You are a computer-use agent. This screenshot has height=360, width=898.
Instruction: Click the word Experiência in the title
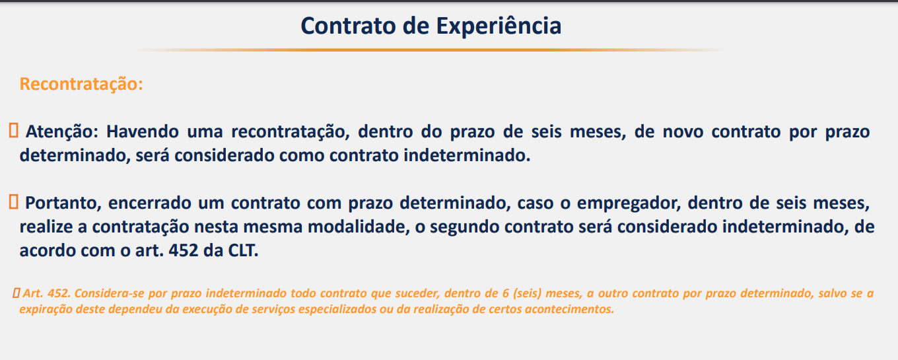coord(499,26)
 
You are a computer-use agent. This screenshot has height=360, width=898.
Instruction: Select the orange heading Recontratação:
coord(81,85)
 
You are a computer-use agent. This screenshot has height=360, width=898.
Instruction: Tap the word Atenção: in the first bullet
coord(62,132)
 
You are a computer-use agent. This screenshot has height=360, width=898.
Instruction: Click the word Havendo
coord(143,131)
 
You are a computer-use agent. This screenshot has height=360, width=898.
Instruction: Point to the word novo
coord(683,132)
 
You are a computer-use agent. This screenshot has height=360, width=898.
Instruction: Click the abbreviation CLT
coord(244,250)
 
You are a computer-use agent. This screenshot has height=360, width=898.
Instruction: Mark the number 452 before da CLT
coord(184,250)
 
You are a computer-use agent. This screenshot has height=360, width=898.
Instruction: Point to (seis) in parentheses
coord(527,293)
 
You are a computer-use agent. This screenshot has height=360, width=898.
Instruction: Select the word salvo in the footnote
coord(834,293)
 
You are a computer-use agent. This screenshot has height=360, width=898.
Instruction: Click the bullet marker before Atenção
coord(14,131)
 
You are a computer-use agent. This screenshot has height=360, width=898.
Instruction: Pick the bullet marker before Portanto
coord(14,201)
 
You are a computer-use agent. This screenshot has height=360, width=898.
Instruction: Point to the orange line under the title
coord(431,50)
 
